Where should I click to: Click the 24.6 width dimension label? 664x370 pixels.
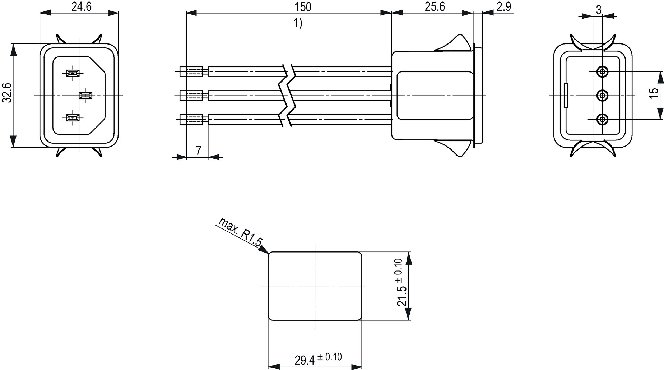coord(82,6)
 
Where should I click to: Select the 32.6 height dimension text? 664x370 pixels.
coord(8,93)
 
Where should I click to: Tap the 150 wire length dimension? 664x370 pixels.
coord(303,6)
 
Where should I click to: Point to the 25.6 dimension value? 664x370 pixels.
coord(435,6)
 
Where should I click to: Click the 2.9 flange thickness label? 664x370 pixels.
coord(504,6)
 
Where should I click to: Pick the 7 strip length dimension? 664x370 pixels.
coord(198,151)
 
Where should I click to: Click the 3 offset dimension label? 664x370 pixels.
coord(598,10)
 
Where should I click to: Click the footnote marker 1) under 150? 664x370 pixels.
coord(298,24)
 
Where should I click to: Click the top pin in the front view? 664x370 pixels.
coord(73,73)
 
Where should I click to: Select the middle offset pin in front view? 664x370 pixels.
coord(85,95)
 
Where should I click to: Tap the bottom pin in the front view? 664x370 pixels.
coord(73,117)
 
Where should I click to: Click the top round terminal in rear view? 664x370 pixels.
coord(602,72)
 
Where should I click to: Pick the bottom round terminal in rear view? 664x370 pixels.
coord(602,119)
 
